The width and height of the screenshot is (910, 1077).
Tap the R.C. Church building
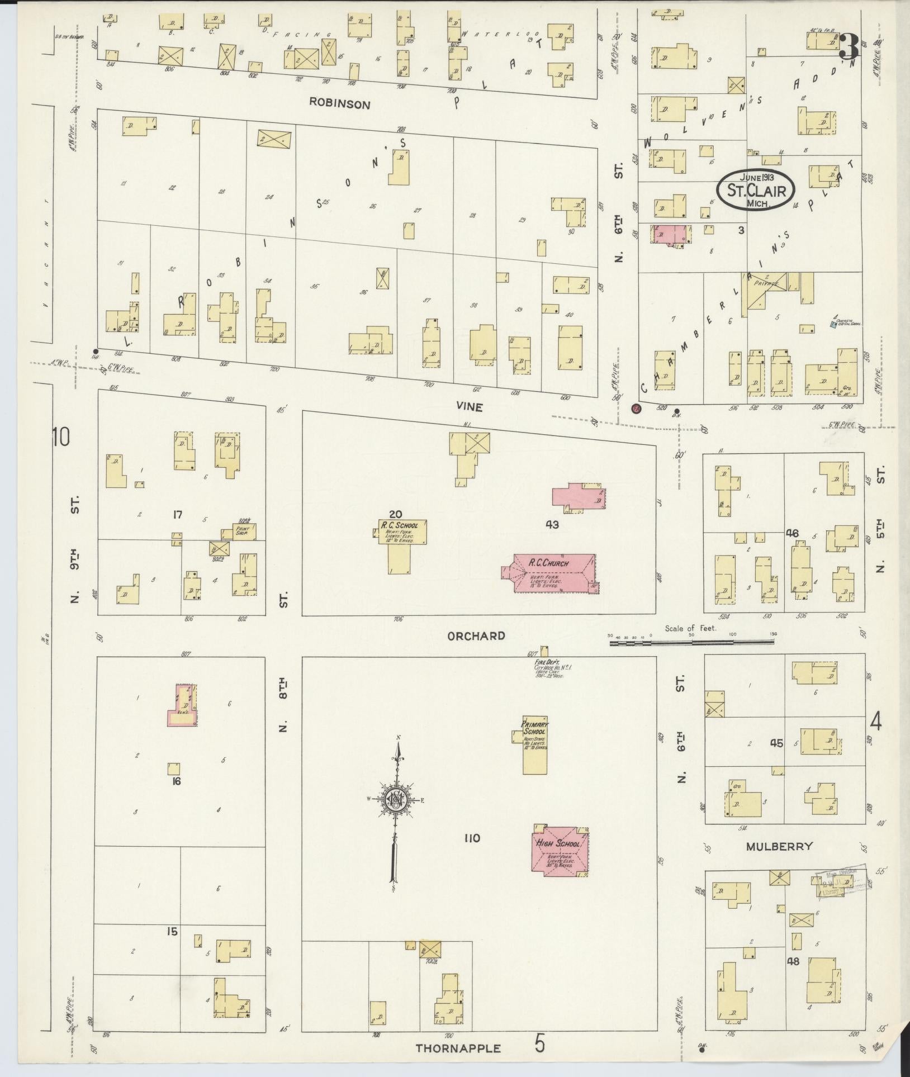point(551,573)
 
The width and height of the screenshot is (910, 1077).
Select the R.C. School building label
point(399,525)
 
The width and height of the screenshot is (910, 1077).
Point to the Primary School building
point(535,743)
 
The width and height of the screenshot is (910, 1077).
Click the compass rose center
point(395,801)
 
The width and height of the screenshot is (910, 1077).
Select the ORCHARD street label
point(476,635)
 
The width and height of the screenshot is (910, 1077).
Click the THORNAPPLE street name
point(458,1048)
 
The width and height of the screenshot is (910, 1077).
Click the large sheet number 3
point(848,46)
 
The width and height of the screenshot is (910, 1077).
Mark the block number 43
point(552,524)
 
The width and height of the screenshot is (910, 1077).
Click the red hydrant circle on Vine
point(636,409)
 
